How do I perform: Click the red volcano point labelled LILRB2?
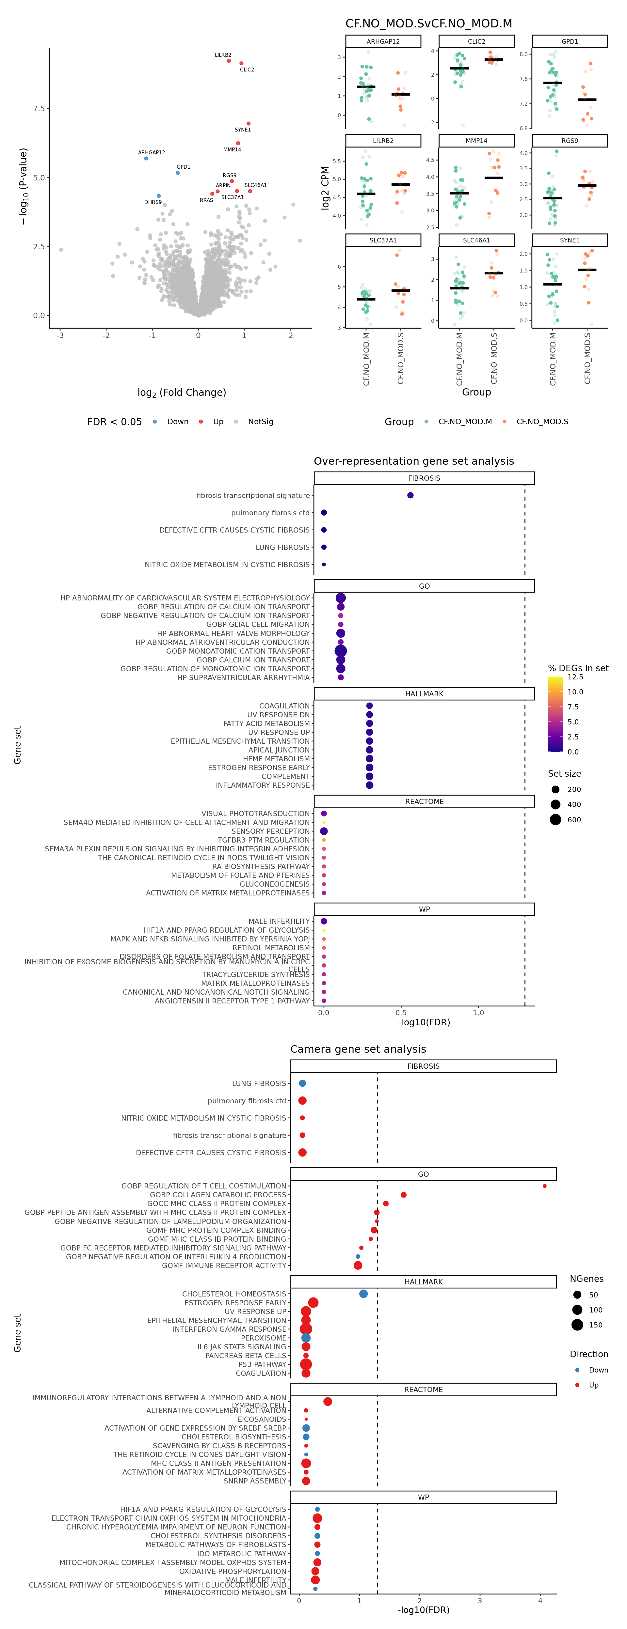[229, 61]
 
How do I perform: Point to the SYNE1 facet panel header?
[570, 240]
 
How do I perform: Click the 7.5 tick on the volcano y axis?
[39, 109]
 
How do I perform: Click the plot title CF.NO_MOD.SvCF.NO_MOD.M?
[428, 23]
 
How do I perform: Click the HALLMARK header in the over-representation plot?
[424, 694]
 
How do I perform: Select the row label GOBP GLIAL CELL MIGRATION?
[258, 624]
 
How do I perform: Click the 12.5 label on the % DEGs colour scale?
[575, 677]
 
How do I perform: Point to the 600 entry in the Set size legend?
[574, 820]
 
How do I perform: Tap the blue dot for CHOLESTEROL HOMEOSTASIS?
[363, 1294]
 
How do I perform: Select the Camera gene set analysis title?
[358, 1049]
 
